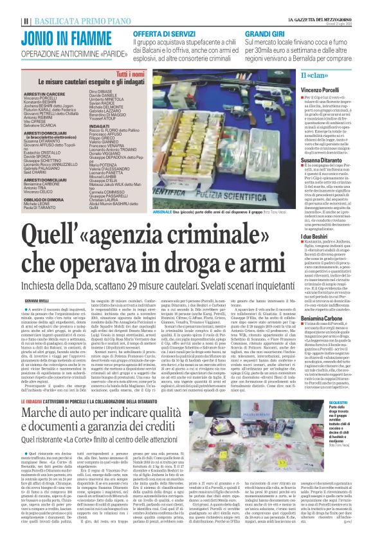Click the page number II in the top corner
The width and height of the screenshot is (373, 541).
(x=6, y=5)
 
